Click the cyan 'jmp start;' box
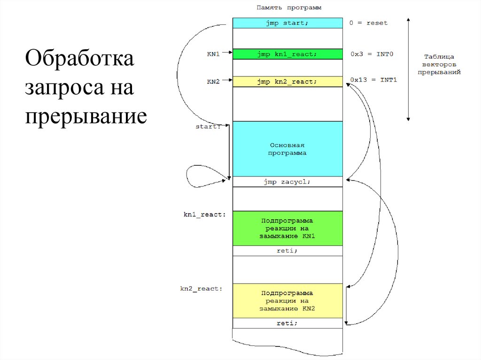click(287, 23)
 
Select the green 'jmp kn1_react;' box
click(287, 54)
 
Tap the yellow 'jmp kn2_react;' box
click(287, 82)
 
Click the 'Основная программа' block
click(287, 149)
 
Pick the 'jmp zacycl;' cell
click(287, 182)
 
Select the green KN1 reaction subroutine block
click(287, 228)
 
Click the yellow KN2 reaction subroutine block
click(287, 300)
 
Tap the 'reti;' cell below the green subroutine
click(287, 251)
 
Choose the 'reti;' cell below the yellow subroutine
click(287, 323)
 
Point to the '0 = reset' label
click(369, 23)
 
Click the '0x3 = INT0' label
click(372, 54)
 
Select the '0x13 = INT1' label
click(373, 80)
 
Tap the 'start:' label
click(209, 126)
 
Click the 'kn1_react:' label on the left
click(205, 214)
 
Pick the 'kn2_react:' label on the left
click(202, 289)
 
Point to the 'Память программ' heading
click(288, 8)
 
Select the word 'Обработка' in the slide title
click(79, 60)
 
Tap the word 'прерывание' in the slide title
click(86, 116)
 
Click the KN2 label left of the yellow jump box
click(213, 82)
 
